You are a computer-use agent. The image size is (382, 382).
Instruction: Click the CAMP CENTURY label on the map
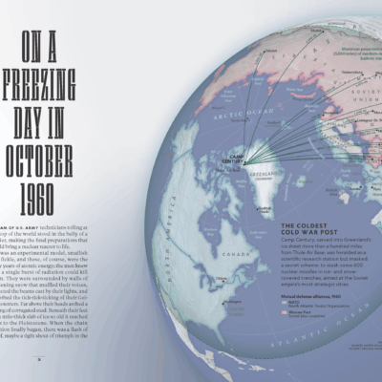coord(235,163)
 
